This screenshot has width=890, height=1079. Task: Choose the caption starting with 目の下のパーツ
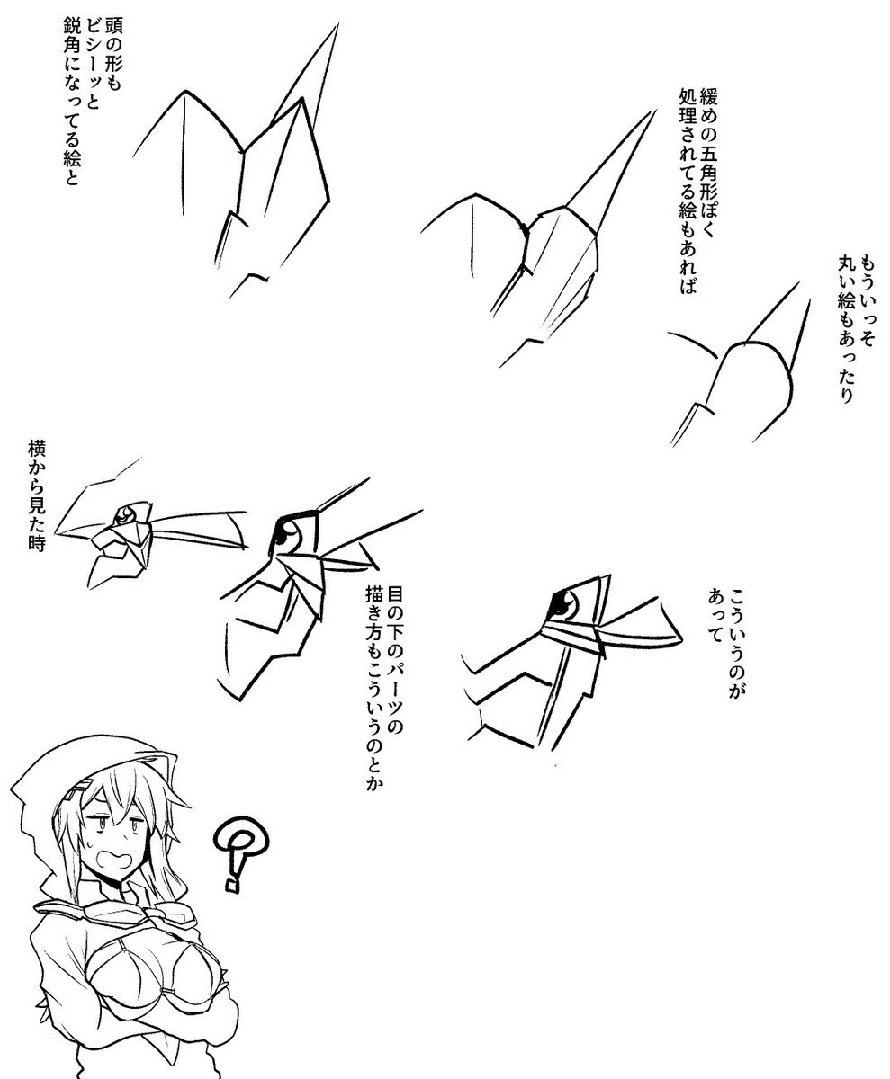[x=383, y=765]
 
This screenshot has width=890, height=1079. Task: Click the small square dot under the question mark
[x=232, y=885]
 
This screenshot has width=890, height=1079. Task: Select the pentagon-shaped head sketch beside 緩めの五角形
[x=538, y=237]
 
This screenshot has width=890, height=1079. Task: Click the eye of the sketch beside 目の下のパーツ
[x=288, y=535]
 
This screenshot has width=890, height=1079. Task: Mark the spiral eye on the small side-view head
[x=125, y=514]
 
